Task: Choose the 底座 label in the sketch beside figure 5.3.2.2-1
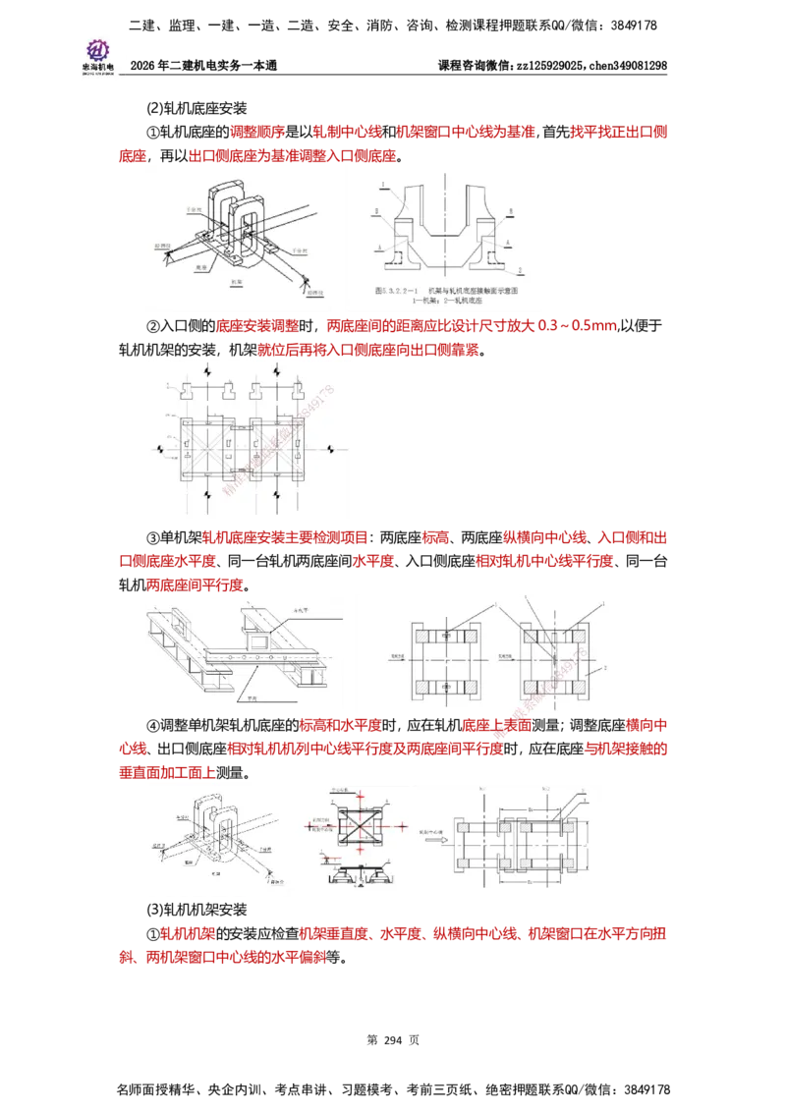coord(199,266)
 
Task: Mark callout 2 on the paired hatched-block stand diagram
coord(605,667)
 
